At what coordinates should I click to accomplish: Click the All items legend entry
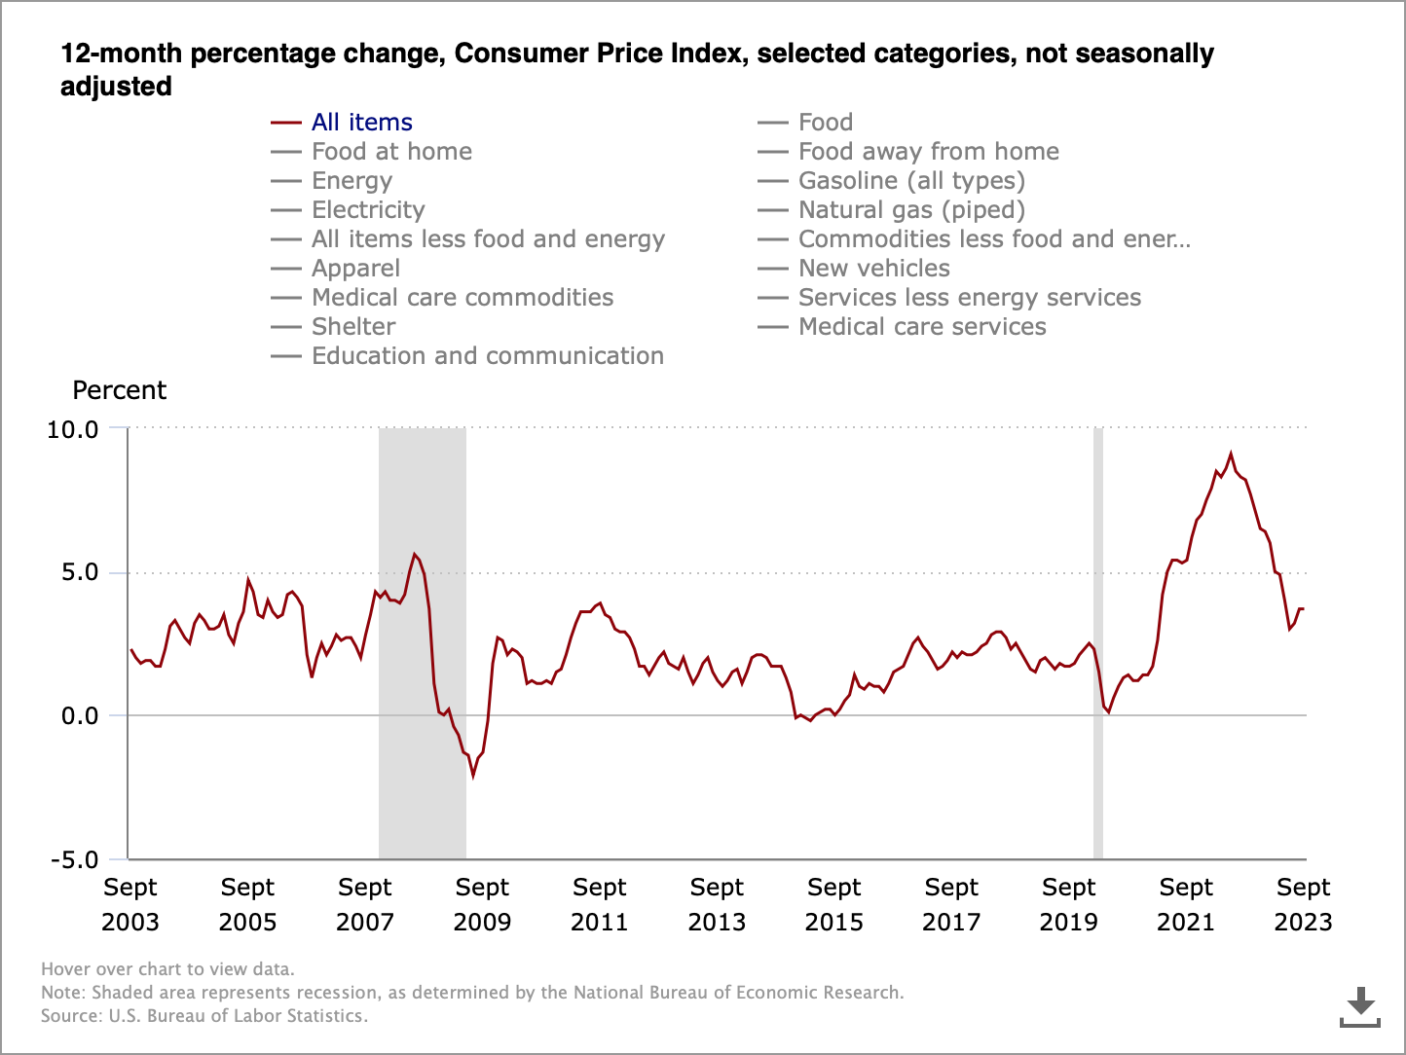[361, 123]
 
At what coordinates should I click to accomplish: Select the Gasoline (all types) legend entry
[910, 181]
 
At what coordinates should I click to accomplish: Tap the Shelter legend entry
[352, 327]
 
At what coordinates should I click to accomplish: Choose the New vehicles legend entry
[873, 269]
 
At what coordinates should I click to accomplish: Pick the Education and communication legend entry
[487, 356]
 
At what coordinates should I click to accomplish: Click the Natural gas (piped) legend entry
[910, 210]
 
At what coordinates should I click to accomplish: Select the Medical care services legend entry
[921, 327]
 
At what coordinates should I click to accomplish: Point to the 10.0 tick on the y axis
[73, 429]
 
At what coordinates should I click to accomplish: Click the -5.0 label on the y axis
[75, 860]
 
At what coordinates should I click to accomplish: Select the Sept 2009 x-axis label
[482, 904]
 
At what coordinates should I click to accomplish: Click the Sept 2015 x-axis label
[834, 904]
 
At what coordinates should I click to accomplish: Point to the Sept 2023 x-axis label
[1303, 904]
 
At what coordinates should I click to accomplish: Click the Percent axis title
[120, 390]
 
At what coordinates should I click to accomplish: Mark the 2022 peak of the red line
[1231, 454]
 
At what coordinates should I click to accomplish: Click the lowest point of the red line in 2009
[473, 776]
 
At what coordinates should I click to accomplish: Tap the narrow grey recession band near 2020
[1098, 642]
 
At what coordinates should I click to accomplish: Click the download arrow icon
[1360, 1006]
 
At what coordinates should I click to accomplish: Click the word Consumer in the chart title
[510, 54]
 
